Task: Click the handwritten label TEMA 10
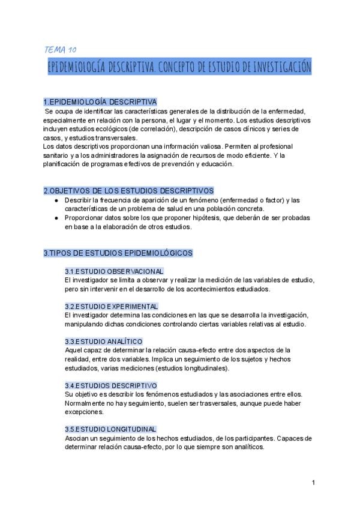tap(60, 49)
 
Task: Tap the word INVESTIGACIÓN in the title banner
tap(281, 67)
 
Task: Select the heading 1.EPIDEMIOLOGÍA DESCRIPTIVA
tap(100, 101)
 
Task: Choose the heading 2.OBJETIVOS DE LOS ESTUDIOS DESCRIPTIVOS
tap(128, 190)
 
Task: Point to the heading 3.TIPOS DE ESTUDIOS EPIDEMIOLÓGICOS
tap(118, 253)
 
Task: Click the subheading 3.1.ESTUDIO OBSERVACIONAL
tap(114, 271)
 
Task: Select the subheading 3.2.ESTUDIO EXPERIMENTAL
tap(112, 306)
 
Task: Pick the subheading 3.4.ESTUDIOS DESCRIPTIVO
tap(110, 385)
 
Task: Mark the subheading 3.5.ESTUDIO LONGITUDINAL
tap(110, 429)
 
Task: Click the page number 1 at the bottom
tap(313, 483)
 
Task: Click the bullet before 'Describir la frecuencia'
tap(56, 200)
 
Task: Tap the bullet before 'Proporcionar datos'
tap(56, 218)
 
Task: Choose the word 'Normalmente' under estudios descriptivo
tap(86, 403)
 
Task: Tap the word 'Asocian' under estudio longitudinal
tap(76, 438)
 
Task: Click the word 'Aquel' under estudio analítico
tap(73, 350)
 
